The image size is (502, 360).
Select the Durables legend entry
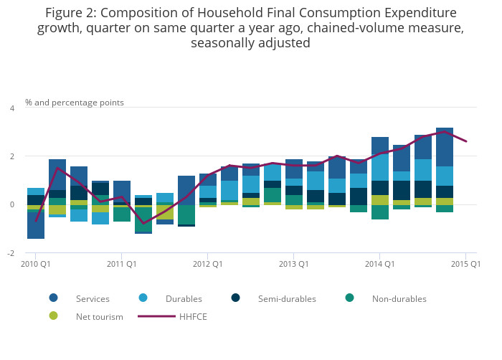point(184,298)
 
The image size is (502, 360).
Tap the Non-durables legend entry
point(399,298)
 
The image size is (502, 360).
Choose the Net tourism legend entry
point(99,316)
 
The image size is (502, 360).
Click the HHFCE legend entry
point(193,316)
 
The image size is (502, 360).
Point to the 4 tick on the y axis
point(11,108)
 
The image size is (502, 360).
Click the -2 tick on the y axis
point(10,253)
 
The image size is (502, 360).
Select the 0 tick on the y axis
point(11,205)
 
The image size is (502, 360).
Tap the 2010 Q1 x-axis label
point(35,265)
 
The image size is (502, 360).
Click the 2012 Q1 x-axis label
point(207,265)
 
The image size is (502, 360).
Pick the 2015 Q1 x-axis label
point(465,265)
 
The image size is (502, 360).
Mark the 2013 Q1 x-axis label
point(293,265)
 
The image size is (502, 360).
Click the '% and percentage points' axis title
point(75,103)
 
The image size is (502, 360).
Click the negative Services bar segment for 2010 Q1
point(36,226)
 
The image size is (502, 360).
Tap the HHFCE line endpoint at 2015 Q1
point(466,141)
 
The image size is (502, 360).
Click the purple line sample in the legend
point(156,316)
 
